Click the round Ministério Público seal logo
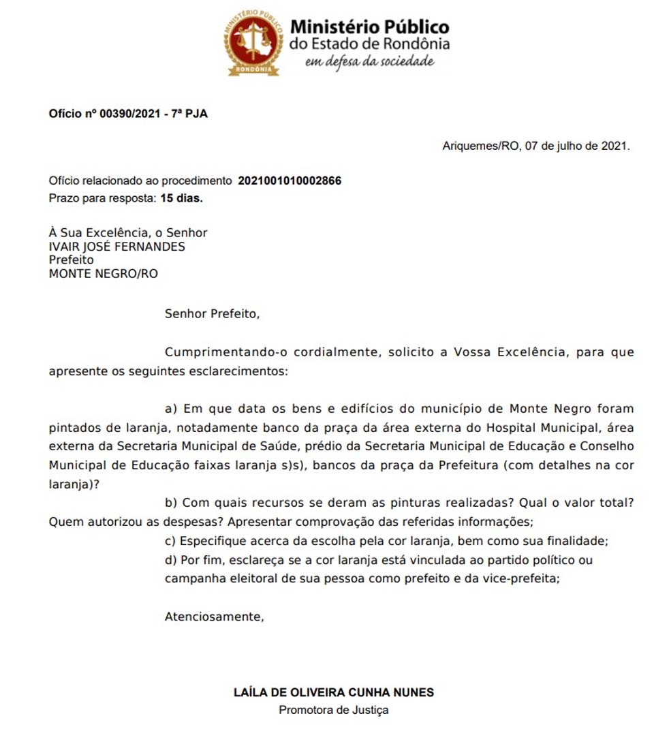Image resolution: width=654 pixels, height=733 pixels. [253, 42]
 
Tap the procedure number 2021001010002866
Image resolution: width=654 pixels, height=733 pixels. [290, 181]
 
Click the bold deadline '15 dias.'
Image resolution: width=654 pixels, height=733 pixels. [182, 198]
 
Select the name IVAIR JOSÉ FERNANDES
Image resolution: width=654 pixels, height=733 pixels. [116, 247]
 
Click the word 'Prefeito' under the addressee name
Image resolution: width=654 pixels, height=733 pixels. [71, 260]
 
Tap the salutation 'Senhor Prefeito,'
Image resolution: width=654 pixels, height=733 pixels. [213, 314]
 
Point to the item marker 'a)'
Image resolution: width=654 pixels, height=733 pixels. [171, 409]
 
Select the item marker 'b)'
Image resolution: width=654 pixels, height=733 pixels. [172, 503]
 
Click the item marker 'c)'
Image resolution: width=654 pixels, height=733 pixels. [171, 541]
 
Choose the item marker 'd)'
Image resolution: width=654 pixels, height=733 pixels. [172, 560]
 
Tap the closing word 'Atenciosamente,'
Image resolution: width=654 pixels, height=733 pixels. [214, 617]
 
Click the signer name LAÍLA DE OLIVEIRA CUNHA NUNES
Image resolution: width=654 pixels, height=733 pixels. [333, 692]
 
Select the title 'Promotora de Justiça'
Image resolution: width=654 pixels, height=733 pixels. [333, 710]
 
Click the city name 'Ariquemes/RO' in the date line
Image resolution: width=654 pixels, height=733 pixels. [480, 146]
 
